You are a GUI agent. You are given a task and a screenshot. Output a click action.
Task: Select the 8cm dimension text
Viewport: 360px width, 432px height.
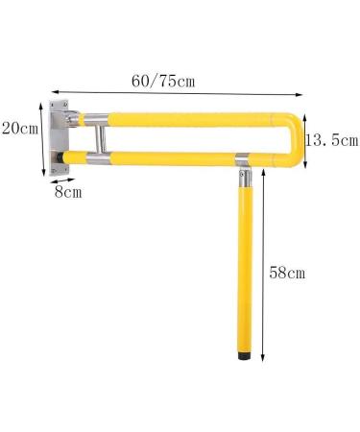(x=67, y=192)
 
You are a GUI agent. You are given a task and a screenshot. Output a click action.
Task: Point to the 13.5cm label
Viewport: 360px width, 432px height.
(x=332, y=140)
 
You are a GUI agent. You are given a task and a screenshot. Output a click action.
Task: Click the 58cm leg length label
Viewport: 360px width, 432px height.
(x=287, y=273)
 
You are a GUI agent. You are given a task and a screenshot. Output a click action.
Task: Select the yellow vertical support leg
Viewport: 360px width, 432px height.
(x=242, y=269)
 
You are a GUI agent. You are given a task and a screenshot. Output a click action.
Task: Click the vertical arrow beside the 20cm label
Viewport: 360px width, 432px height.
(x=43, y=134)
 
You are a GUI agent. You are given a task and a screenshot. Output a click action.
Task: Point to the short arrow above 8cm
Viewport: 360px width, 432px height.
(x=64, y=180)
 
